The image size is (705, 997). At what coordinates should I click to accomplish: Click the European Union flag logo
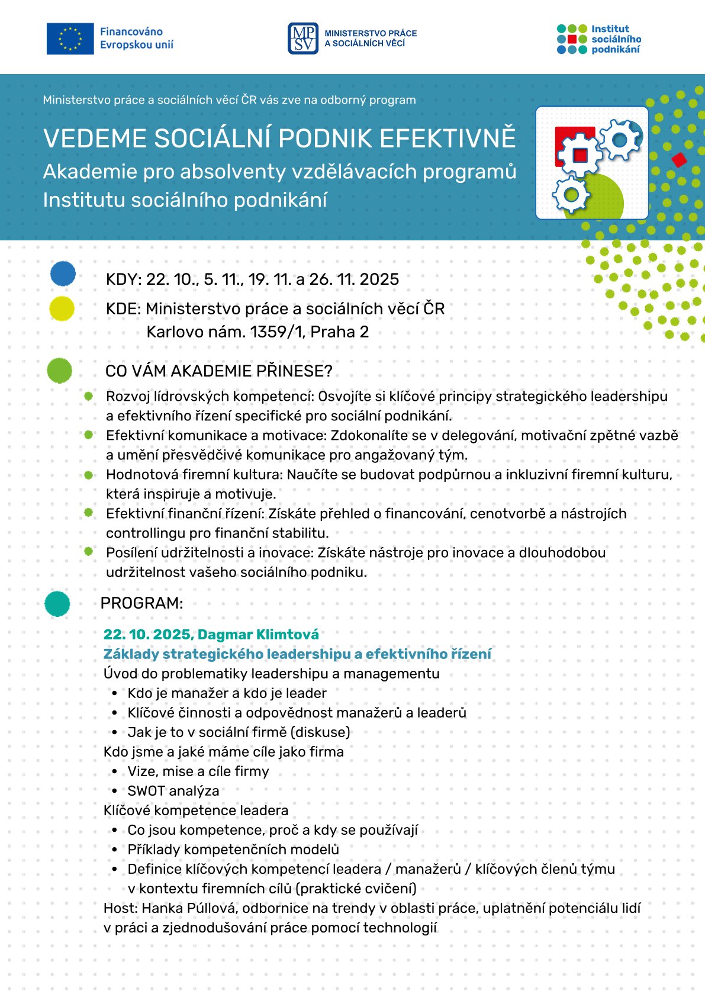point(70,38)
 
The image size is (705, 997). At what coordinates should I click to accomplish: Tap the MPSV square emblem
point(303,38)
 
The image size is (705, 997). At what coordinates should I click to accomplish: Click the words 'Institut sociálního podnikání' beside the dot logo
point(616,39)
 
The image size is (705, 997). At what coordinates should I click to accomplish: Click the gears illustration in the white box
point(592,162)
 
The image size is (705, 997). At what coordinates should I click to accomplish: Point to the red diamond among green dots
point(679,159)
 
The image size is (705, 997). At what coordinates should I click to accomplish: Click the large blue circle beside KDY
point(63,274)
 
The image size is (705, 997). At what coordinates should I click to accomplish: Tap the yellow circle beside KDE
point(62,308)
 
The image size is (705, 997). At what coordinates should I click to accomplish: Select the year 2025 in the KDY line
point(379,279)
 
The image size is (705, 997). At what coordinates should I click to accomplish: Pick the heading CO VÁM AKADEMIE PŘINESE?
point(219,371)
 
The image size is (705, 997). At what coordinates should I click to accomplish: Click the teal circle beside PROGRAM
point(57,604)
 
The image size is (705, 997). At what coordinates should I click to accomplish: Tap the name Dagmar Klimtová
point(259,635)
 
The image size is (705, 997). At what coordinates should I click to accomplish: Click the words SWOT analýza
point(173,791)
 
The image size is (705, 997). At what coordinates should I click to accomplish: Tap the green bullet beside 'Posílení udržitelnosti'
point(89,551)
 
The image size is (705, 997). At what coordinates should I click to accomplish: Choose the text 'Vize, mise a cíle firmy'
point(198,771)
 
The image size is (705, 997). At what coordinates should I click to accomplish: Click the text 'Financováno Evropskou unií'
point(137,38)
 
